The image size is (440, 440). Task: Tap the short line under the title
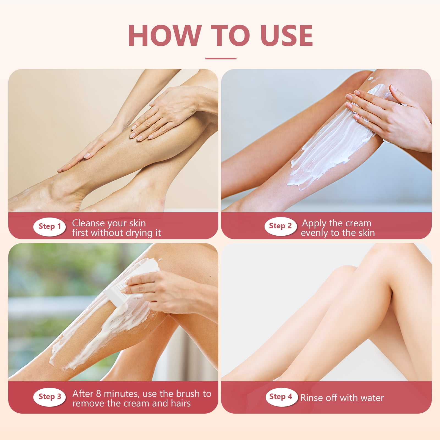click(221, 59)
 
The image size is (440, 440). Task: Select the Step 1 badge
click(50, 227)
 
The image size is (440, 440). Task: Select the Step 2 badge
click(280, 226)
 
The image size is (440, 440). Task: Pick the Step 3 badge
click(50, 397)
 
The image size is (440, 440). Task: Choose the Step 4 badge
click(281, 397)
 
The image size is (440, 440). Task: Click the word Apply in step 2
click(314, 224)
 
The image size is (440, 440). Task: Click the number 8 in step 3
click(98, 394)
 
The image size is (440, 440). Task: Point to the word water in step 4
click(372, 398)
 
